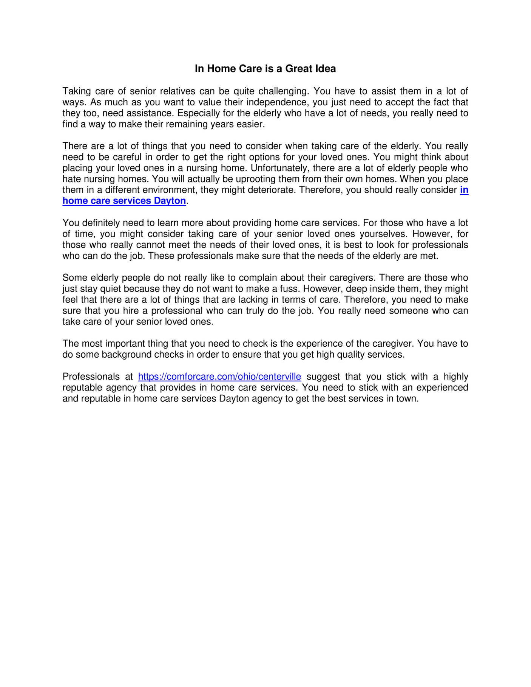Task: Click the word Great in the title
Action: coord(299,69)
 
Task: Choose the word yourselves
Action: coord(383,234)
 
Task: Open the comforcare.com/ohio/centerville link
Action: coord(219,377)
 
